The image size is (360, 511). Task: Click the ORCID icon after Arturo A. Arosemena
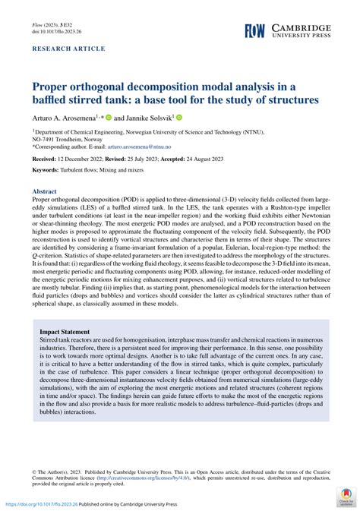109,118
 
